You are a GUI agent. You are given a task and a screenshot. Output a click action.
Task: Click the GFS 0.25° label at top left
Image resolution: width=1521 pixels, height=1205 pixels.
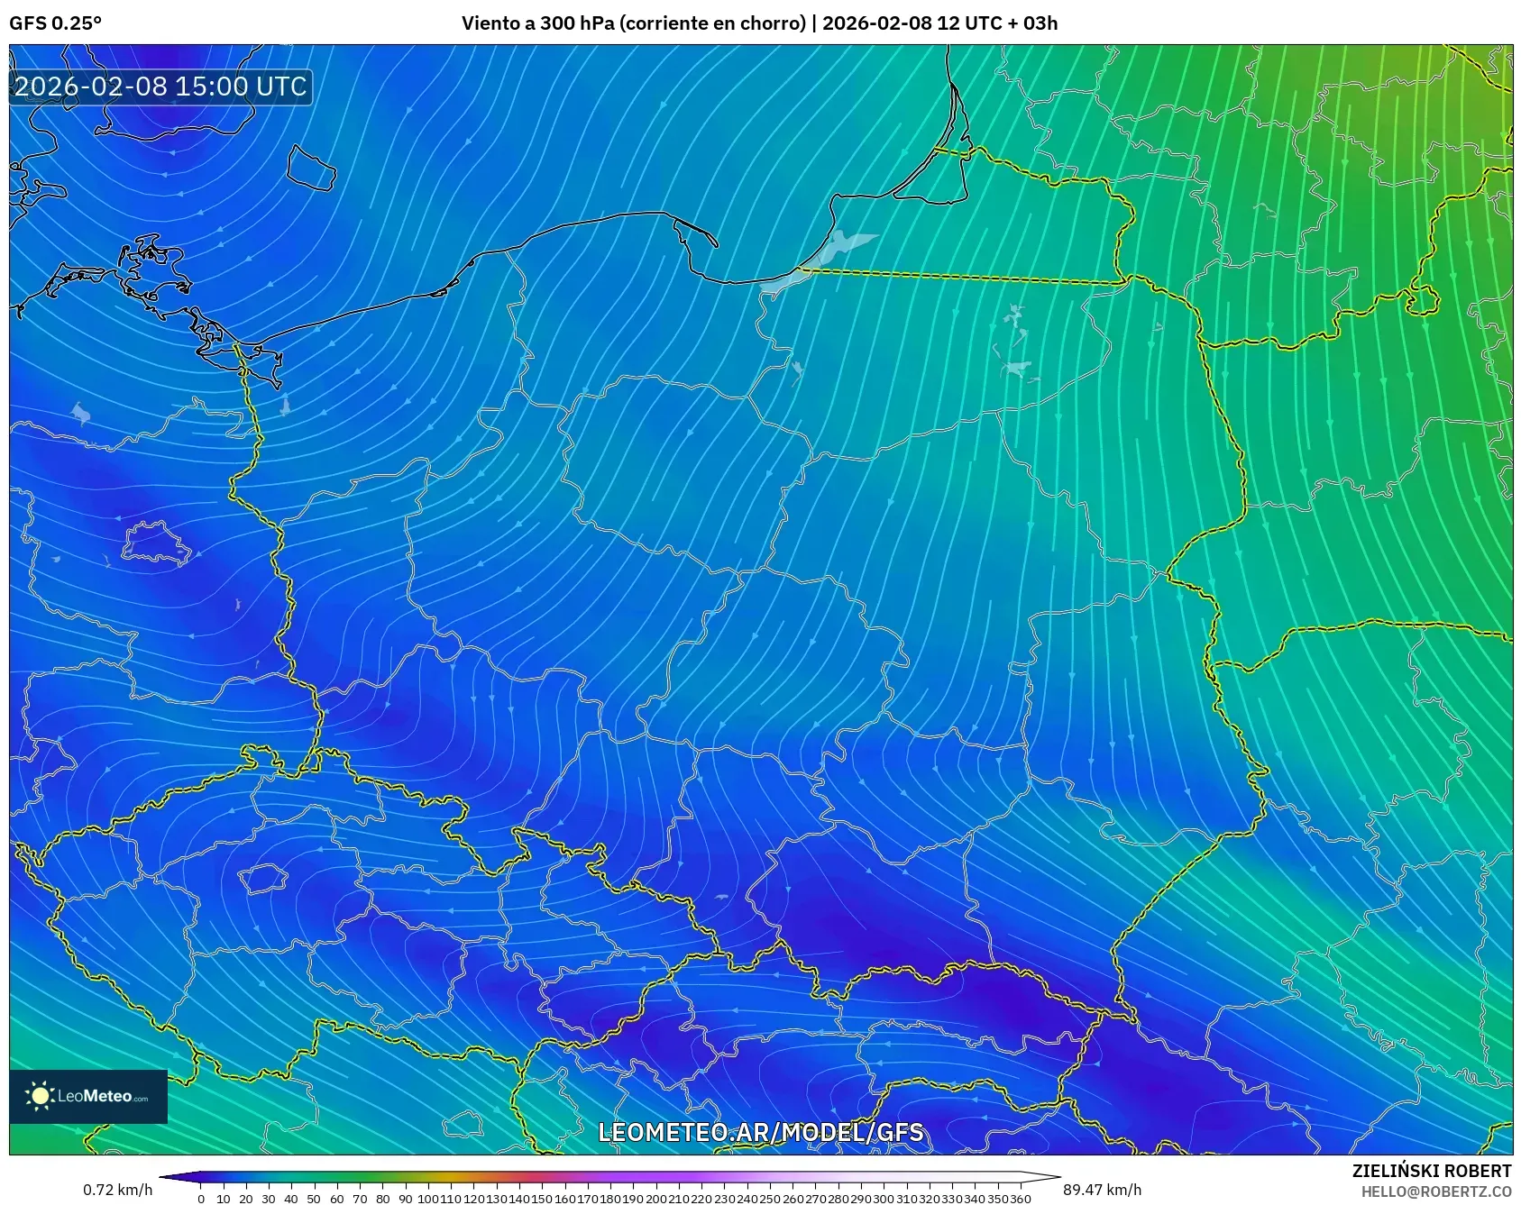(x=55, y=23)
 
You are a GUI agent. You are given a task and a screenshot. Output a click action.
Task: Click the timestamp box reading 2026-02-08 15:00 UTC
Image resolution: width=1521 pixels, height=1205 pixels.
(x=160, y=87)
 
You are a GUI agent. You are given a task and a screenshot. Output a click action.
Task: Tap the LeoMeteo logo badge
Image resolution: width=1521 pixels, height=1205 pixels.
(x=88, y=1096)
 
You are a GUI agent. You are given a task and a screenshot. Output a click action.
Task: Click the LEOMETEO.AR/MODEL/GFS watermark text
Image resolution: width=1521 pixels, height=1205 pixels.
(x=760, y=1132)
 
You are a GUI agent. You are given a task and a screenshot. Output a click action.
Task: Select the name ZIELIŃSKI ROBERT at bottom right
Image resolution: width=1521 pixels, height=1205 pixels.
(x=1431, y=1171)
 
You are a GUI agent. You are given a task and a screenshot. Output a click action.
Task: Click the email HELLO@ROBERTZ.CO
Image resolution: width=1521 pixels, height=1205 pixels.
(x=1435, y=1191)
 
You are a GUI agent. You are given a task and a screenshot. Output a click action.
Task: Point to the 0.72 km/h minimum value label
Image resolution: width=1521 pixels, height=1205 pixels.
(x=117, y=1190)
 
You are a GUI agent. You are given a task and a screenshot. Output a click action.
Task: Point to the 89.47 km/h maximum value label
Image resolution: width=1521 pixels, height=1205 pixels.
(x=1102, y=1190)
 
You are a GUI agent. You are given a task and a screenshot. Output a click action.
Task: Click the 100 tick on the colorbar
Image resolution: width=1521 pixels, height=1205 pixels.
(x=428, y=1199)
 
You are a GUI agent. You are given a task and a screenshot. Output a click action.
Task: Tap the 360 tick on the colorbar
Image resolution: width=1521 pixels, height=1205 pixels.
(x=1020, y=1199)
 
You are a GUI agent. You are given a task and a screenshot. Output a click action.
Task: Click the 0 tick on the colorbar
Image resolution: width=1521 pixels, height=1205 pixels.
(x=200, y=1199)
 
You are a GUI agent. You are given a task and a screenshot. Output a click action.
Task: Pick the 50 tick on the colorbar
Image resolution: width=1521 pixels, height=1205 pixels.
(x=314, y=1199)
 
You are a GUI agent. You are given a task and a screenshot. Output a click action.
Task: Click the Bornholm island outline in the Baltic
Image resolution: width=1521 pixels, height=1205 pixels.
(x=311, y=168)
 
